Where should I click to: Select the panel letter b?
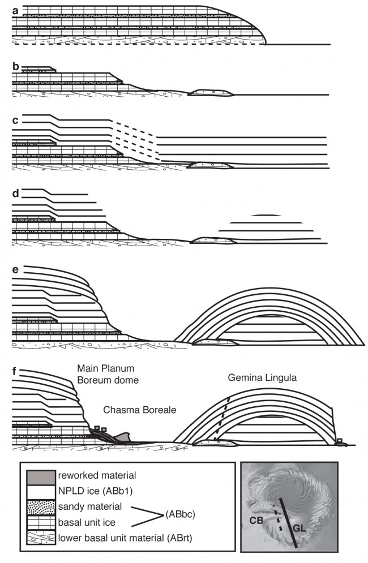click(15, 66)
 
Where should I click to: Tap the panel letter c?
click(15, 121)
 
